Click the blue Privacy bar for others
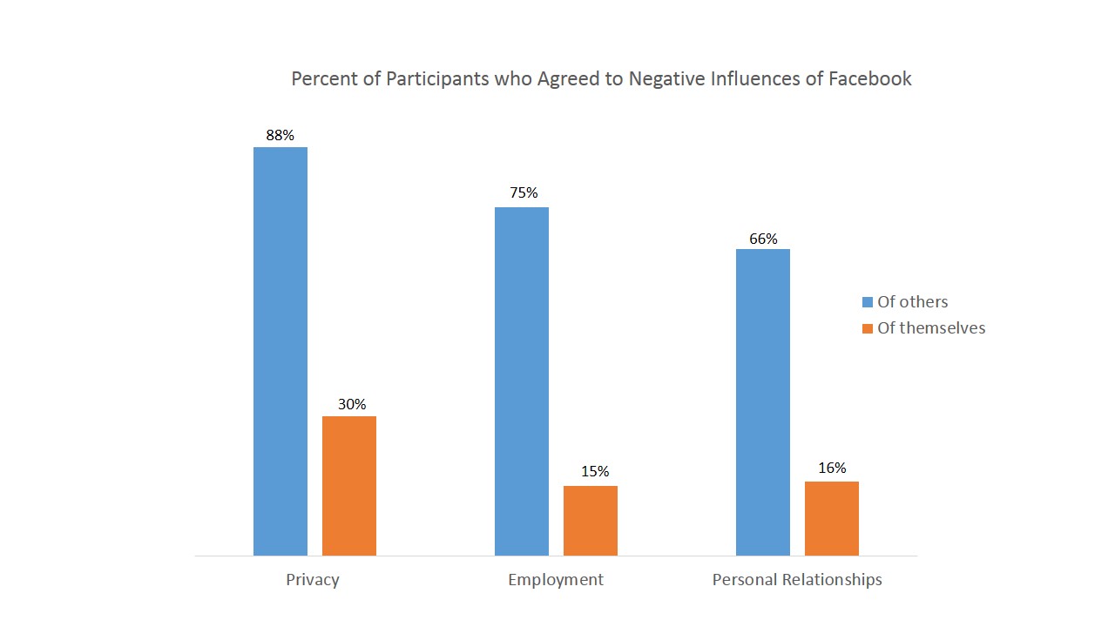(280, 351)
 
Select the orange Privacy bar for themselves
(349, 486)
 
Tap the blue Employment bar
(522, 381)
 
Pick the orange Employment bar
(591, 521)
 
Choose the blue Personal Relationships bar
(763, 402)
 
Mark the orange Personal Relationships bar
(832, 518)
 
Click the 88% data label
(280, 135)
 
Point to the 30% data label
(352, 404)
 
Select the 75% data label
(524, 193)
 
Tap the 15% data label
(595, 471)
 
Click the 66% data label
(763, 239)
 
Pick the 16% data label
(832, 468)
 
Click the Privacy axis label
(312, 580)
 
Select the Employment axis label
(556, 580)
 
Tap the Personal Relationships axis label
(797, 580)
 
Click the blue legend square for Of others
(868, 302)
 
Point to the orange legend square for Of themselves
(868, 328)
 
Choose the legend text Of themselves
(931, 328)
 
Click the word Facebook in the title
(869, 78)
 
